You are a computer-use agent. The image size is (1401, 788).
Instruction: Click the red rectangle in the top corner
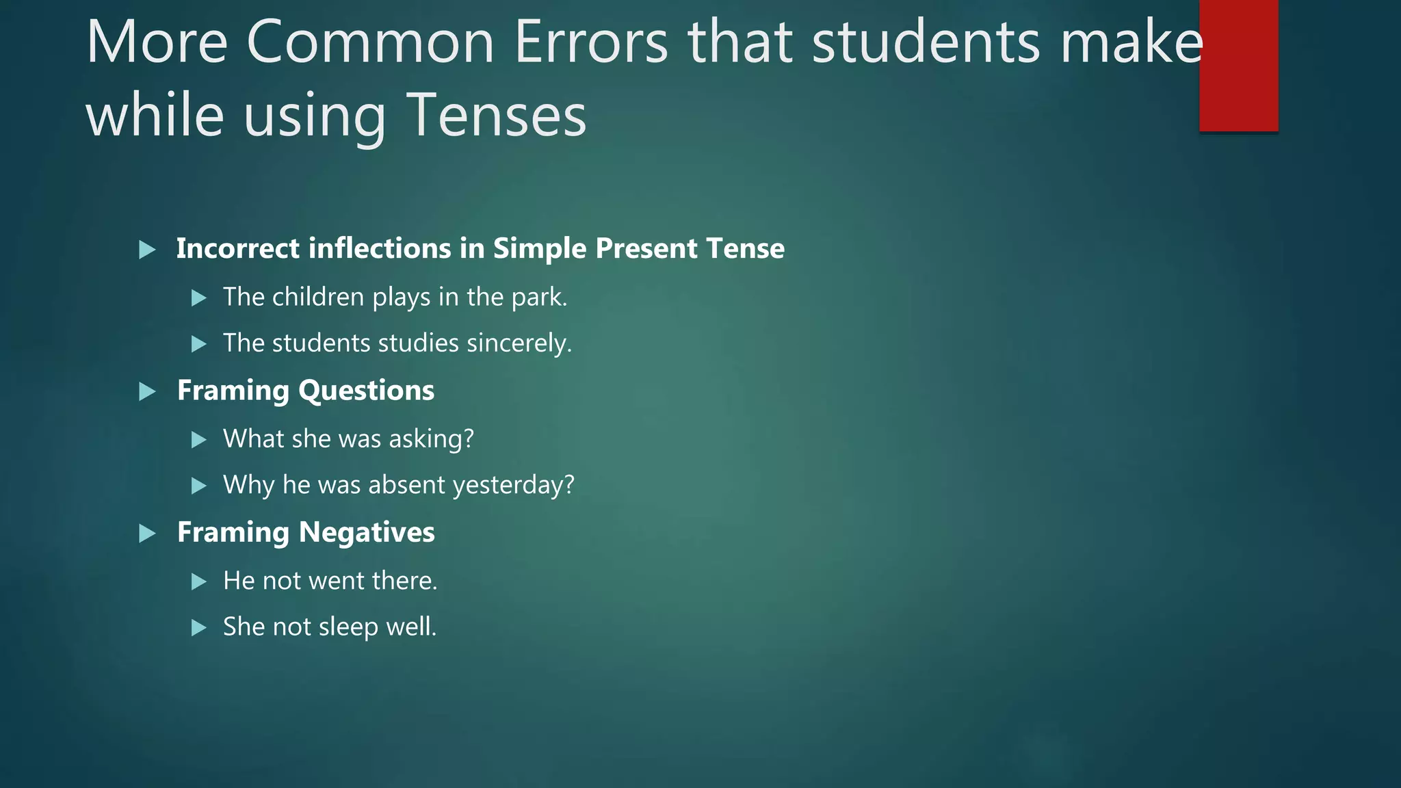tap(1238, 66)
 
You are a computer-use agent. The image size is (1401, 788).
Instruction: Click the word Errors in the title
tap(591, 42)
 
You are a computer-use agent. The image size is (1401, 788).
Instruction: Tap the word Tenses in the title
tap(497, 115)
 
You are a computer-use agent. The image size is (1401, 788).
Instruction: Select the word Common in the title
tap(370, 42)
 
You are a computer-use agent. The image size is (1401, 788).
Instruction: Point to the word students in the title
tap(926, 42)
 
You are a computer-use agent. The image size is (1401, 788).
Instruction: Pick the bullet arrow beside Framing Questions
tap(147, 392)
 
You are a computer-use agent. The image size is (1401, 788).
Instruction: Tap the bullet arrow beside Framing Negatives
tap(147, 534)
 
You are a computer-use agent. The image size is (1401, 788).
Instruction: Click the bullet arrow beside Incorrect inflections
tap(147, 250)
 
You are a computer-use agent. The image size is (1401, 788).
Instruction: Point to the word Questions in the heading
tap(366, 391)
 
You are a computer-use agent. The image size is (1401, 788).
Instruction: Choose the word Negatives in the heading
tap(367, 532)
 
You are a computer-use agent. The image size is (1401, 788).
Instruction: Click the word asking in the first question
tap(431, 439)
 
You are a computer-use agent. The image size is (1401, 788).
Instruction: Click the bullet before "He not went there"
tap(199, 582)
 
